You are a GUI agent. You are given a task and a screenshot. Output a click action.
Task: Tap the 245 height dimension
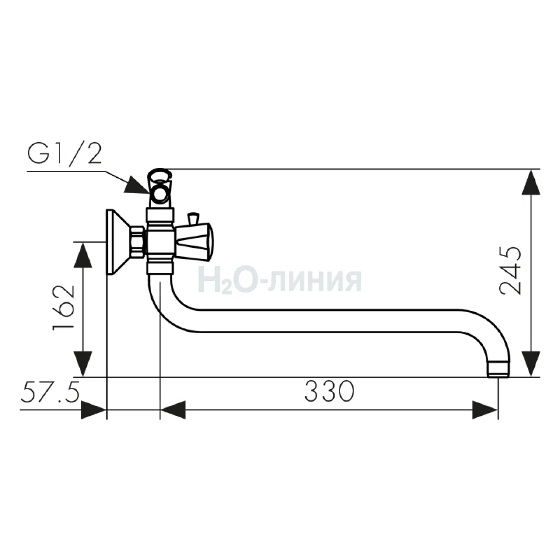[x=510, y=271]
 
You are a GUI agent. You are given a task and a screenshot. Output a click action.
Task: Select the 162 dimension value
[x=63, y=308]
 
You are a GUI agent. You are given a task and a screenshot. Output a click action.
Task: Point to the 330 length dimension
[x=329, y=391]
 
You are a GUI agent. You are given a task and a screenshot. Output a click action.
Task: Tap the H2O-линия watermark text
[x=280, y=281]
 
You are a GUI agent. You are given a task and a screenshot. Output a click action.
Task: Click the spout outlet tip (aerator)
[x=498, y=370]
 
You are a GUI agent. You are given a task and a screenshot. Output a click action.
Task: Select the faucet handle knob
[x=194, y=241]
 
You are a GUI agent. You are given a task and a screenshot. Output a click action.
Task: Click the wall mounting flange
[x=116, y=242]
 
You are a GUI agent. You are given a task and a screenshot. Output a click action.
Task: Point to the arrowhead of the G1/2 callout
[x=137, y=185]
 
